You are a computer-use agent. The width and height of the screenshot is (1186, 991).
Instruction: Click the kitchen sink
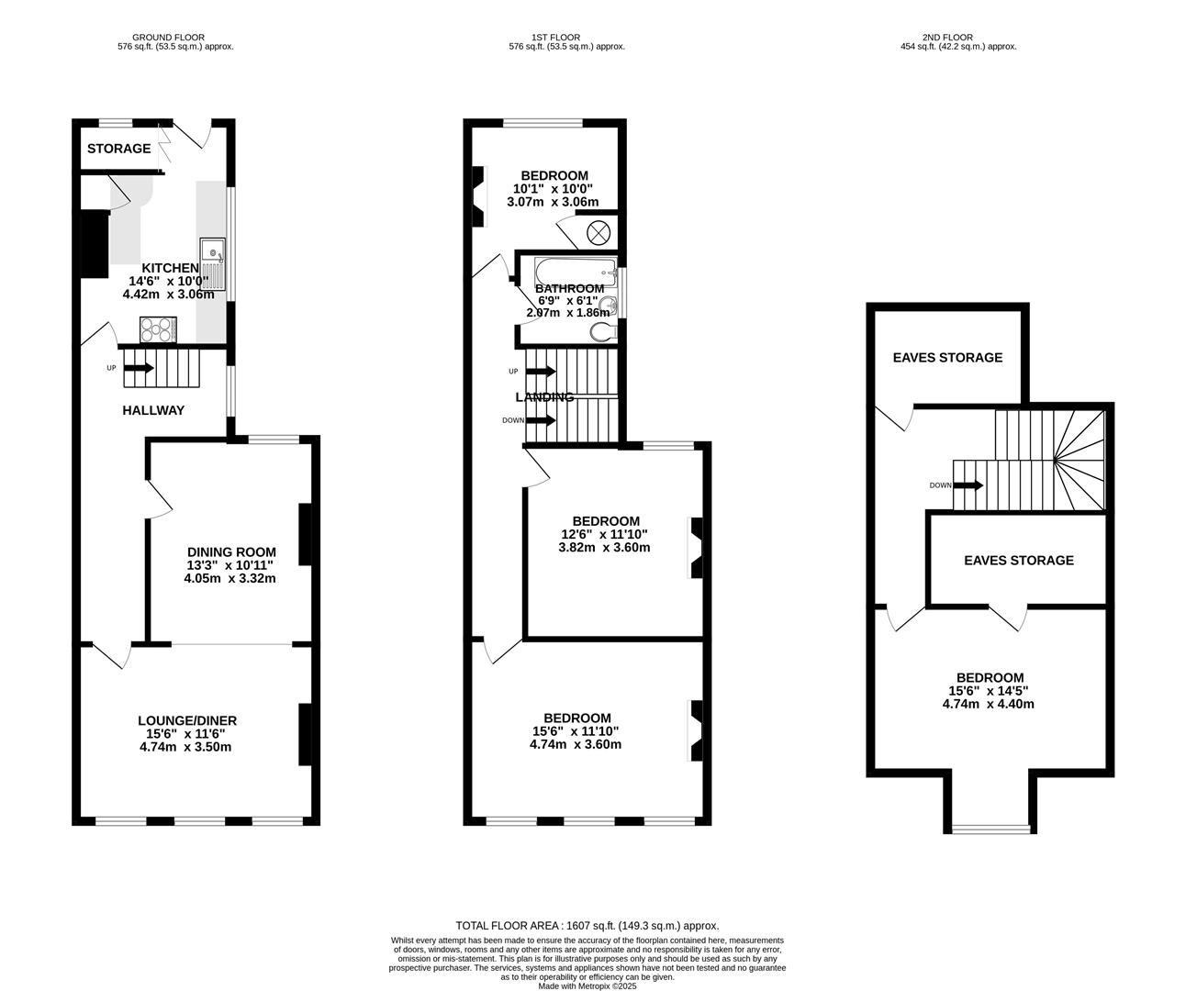[x=212, y=264]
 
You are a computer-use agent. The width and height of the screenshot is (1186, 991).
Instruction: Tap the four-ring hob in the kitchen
[x=158, y=329]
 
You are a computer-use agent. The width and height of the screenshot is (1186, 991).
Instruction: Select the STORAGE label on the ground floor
[x=118, y=149]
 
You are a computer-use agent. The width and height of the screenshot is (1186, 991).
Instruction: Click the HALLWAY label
[x=153, y=410]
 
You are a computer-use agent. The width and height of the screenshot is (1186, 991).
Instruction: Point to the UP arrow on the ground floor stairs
[x=139, y=368]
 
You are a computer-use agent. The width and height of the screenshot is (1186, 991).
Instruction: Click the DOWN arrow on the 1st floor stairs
[x=541, y=421]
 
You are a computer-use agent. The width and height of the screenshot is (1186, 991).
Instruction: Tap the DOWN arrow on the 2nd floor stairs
[x=968, y=485]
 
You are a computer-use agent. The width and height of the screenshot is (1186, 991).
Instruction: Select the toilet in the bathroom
[x=603, y=331]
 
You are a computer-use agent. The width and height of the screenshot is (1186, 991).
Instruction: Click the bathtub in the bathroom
[x=576, y=273]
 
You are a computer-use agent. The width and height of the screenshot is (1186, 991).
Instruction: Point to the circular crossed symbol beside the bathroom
[x=599, y=233]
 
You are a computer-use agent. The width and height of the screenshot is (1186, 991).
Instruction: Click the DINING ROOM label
[x=231, y=552]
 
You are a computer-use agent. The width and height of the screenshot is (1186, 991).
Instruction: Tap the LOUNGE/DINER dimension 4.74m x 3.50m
[x=185, y=747]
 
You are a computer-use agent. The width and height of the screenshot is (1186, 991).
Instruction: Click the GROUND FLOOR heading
[x=168, y=38]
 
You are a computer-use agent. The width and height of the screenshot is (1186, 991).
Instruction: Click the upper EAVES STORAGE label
[x=947, y=357]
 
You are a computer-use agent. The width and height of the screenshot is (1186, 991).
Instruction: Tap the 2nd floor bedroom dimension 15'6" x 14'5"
[x=989, y=691]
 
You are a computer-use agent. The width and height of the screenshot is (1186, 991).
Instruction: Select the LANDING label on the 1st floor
[x=544, y=397]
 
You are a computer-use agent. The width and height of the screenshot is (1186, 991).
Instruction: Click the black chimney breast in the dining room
[x=305, y=534]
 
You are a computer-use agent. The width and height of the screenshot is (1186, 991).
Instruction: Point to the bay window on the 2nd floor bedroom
[x=990, y=830]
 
